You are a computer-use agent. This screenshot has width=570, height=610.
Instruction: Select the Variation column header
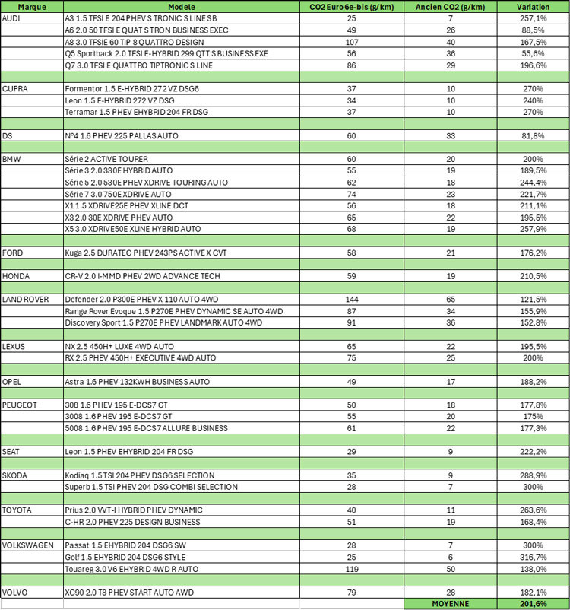click(x=530, y=5)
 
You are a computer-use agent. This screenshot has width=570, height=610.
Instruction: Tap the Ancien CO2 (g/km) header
click(x=451, y=5)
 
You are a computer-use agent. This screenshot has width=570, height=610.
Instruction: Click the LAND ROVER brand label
click(x=25, y=300)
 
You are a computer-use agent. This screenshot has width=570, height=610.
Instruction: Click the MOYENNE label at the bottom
click(x=451, y=604)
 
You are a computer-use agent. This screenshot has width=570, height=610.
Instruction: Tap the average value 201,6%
click(x=530, y=604)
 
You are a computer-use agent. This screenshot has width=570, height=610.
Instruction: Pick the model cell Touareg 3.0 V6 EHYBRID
click(x=131, y=569)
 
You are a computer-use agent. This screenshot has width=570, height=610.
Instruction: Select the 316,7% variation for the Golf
click(x=530, y=558)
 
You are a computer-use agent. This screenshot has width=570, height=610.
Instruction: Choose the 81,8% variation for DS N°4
click(x=530, y=135)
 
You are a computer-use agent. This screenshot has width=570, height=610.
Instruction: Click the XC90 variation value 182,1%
click(x=530, y=593)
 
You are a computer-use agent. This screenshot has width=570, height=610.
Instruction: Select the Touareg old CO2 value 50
click(x=451, y=569)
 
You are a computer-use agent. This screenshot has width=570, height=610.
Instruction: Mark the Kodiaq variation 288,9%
click(x=530, y=475)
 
